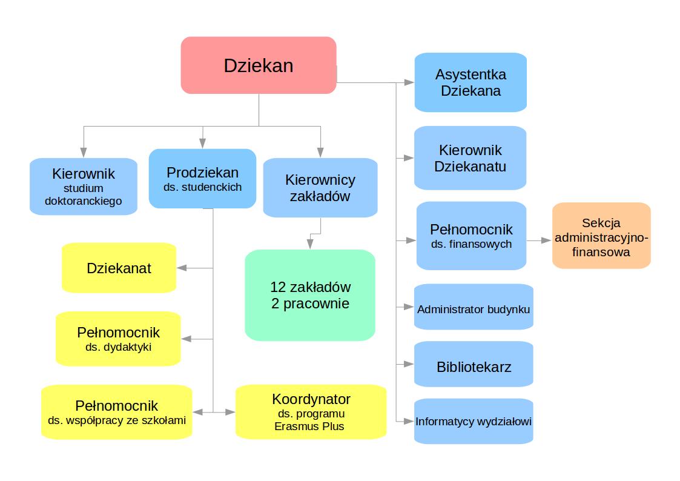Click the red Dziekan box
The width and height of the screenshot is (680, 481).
[259, 65]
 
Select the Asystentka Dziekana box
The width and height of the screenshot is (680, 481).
[470, 82]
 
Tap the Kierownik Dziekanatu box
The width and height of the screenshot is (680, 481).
[470, 158]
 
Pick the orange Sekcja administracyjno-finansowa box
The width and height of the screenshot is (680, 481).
[601, 236]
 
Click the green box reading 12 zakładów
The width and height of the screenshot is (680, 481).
[310, 295]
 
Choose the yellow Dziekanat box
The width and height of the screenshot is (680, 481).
[119, 268]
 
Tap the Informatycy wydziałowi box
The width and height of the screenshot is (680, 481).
[474, 421]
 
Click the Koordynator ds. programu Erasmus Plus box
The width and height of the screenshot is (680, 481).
[311, 412]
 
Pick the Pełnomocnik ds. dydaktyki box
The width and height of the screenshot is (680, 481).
[118, 339]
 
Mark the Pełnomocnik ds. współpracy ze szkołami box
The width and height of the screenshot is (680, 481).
[116, 412]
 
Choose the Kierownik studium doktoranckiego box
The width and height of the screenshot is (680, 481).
[84, 187]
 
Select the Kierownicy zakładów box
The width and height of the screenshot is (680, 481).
[320, 188]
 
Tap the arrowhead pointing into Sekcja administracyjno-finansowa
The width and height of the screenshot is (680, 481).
[547, 240]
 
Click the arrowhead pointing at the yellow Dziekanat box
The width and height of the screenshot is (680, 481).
[181, 268]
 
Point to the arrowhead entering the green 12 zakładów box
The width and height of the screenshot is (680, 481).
[310, 244]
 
